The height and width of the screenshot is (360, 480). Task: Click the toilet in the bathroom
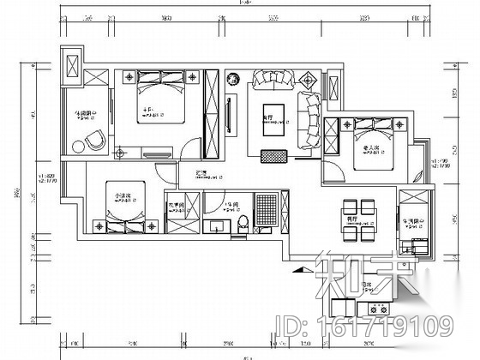click(244, 224)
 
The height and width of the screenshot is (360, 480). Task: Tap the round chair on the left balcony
click(93, 140)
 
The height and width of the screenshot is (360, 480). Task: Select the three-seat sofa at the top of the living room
click(273, 82)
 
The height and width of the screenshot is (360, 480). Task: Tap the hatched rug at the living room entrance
click(273, 156)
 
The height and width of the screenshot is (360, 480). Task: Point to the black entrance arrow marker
click(298, 269)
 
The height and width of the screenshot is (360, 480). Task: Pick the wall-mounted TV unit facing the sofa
click(229, 115)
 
